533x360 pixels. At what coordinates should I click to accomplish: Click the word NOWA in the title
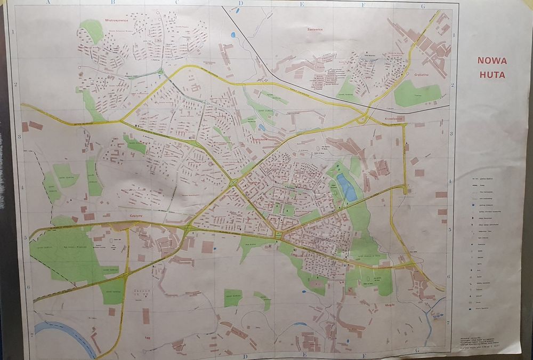[492, 61]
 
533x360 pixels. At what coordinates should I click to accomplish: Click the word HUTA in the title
[492, 75]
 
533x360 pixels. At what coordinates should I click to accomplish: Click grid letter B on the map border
[112, 3]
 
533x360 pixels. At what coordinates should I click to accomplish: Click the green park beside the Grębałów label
[417, 94]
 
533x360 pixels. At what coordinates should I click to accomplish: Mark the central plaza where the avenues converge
[277, 235]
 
